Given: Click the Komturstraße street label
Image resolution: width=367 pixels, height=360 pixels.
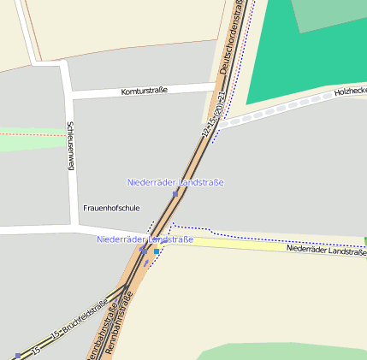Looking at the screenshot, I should [144, 90].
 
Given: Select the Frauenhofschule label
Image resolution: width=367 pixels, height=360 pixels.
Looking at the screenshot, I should [111, 208].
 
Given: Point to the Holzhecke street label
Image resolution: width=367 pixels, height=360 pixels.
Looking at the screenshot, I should [350, 90].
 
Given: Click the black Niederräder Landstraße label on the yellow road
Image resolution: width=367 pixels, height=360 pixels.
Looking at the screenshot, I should [326, 251].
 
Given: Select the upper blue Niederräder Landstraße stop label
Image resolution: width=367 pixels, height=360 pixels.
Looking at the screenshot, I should [175, 182].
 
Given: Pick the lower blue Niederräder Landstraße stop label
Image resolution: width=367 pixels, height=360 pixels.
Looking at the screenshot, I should [145, 239].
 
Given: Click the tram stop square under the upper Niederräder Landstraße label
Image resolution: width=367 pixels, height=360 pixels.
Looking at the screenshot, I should [175, 194].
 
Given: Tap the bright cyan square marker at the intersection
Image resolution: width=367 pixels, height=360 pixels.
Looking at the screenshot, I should [157, 252].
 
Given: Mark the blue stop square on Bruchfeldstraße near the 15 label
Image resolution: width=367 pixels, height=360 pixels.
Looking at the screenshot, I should [17, 355].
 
